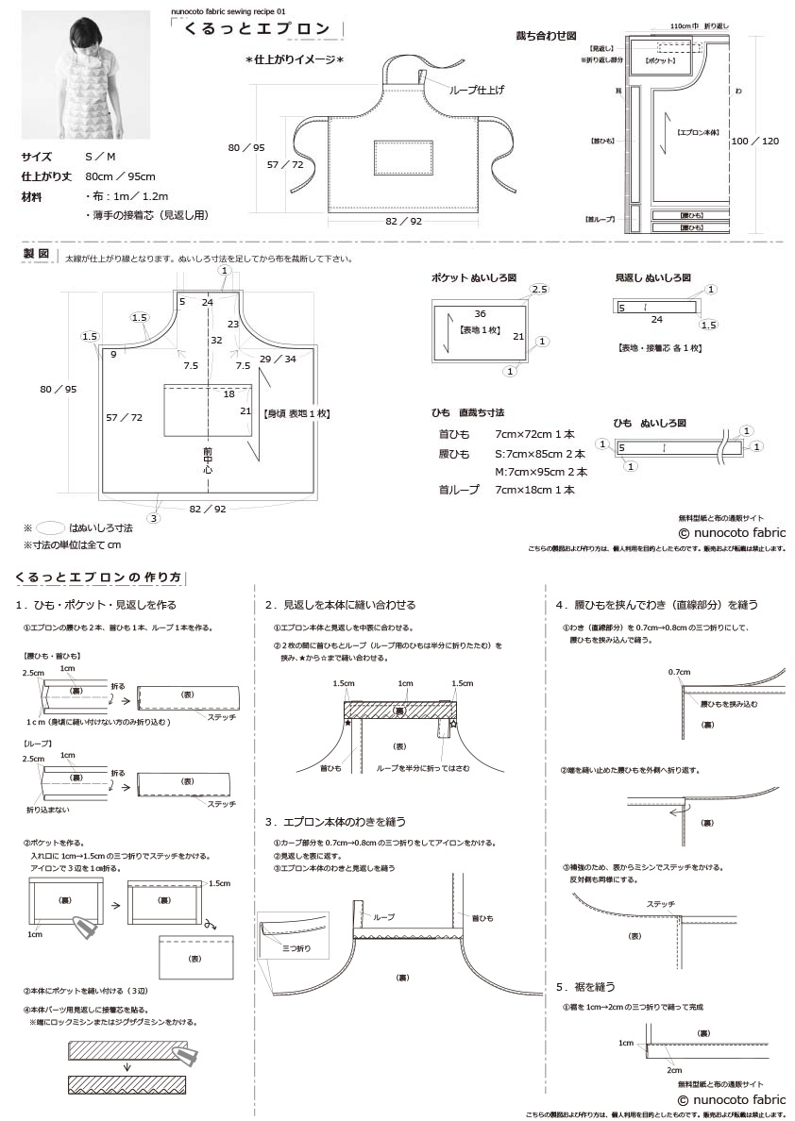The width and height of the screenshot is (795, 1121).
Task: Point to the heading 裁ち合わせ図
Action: tap(545, 35)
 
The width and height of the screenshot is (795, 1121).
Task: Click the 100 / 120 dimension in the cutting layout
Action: tap(755, 140)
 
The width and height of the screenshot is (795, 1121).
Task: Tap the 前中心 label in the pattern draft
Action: tap(207, 459)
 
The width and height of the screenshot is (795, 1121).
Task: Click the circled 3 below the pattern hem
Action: tap(154, 517)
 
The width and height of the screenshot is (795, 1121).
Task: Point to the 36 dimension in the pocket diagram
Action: tap(480, 313)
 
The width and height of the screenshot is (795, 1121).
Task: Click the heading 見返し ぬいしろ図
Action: tap(652, 278)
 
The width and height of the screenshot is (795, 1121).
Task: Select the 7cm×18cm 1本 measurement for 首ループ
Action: tap(534, 490)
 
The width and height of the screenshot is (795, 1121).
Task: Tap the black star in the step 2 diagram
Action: tap(347, 722)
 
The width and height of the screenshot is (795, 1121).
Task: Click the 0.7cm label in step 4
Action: tap(679, 672)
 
